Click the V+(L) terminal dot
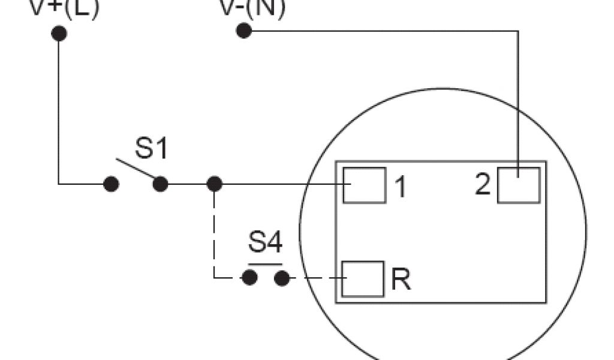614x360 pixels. click(59, 33)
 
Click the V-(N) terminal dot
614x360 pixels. click(243, 31)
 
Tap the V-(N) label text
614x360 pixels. click(252, 7)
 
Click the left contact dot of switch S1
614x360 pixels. click(110, 184)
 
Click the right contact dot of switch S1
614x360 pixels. click(160, 184)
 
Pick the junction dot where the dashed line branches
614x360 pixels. click(214, 184)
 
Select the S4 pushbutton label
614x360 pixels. click(265, 244)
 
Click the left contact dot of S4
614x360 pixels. click(249, 278)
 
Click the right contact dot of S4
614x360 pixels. click(282, 278)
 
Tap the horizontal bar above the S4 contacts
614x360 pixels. click(265, 264)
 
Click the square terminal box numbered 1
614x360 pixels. click(365, 185)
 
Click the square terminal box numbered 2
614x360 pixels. click(519, 185)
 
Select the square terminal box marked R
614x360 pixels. click(363, 278)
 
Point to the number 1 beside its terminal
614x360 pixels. click(400, 187)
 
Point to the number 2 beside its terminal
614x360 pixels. click(483, 185)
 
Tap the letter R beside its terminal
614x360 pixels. click(401, 280)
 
